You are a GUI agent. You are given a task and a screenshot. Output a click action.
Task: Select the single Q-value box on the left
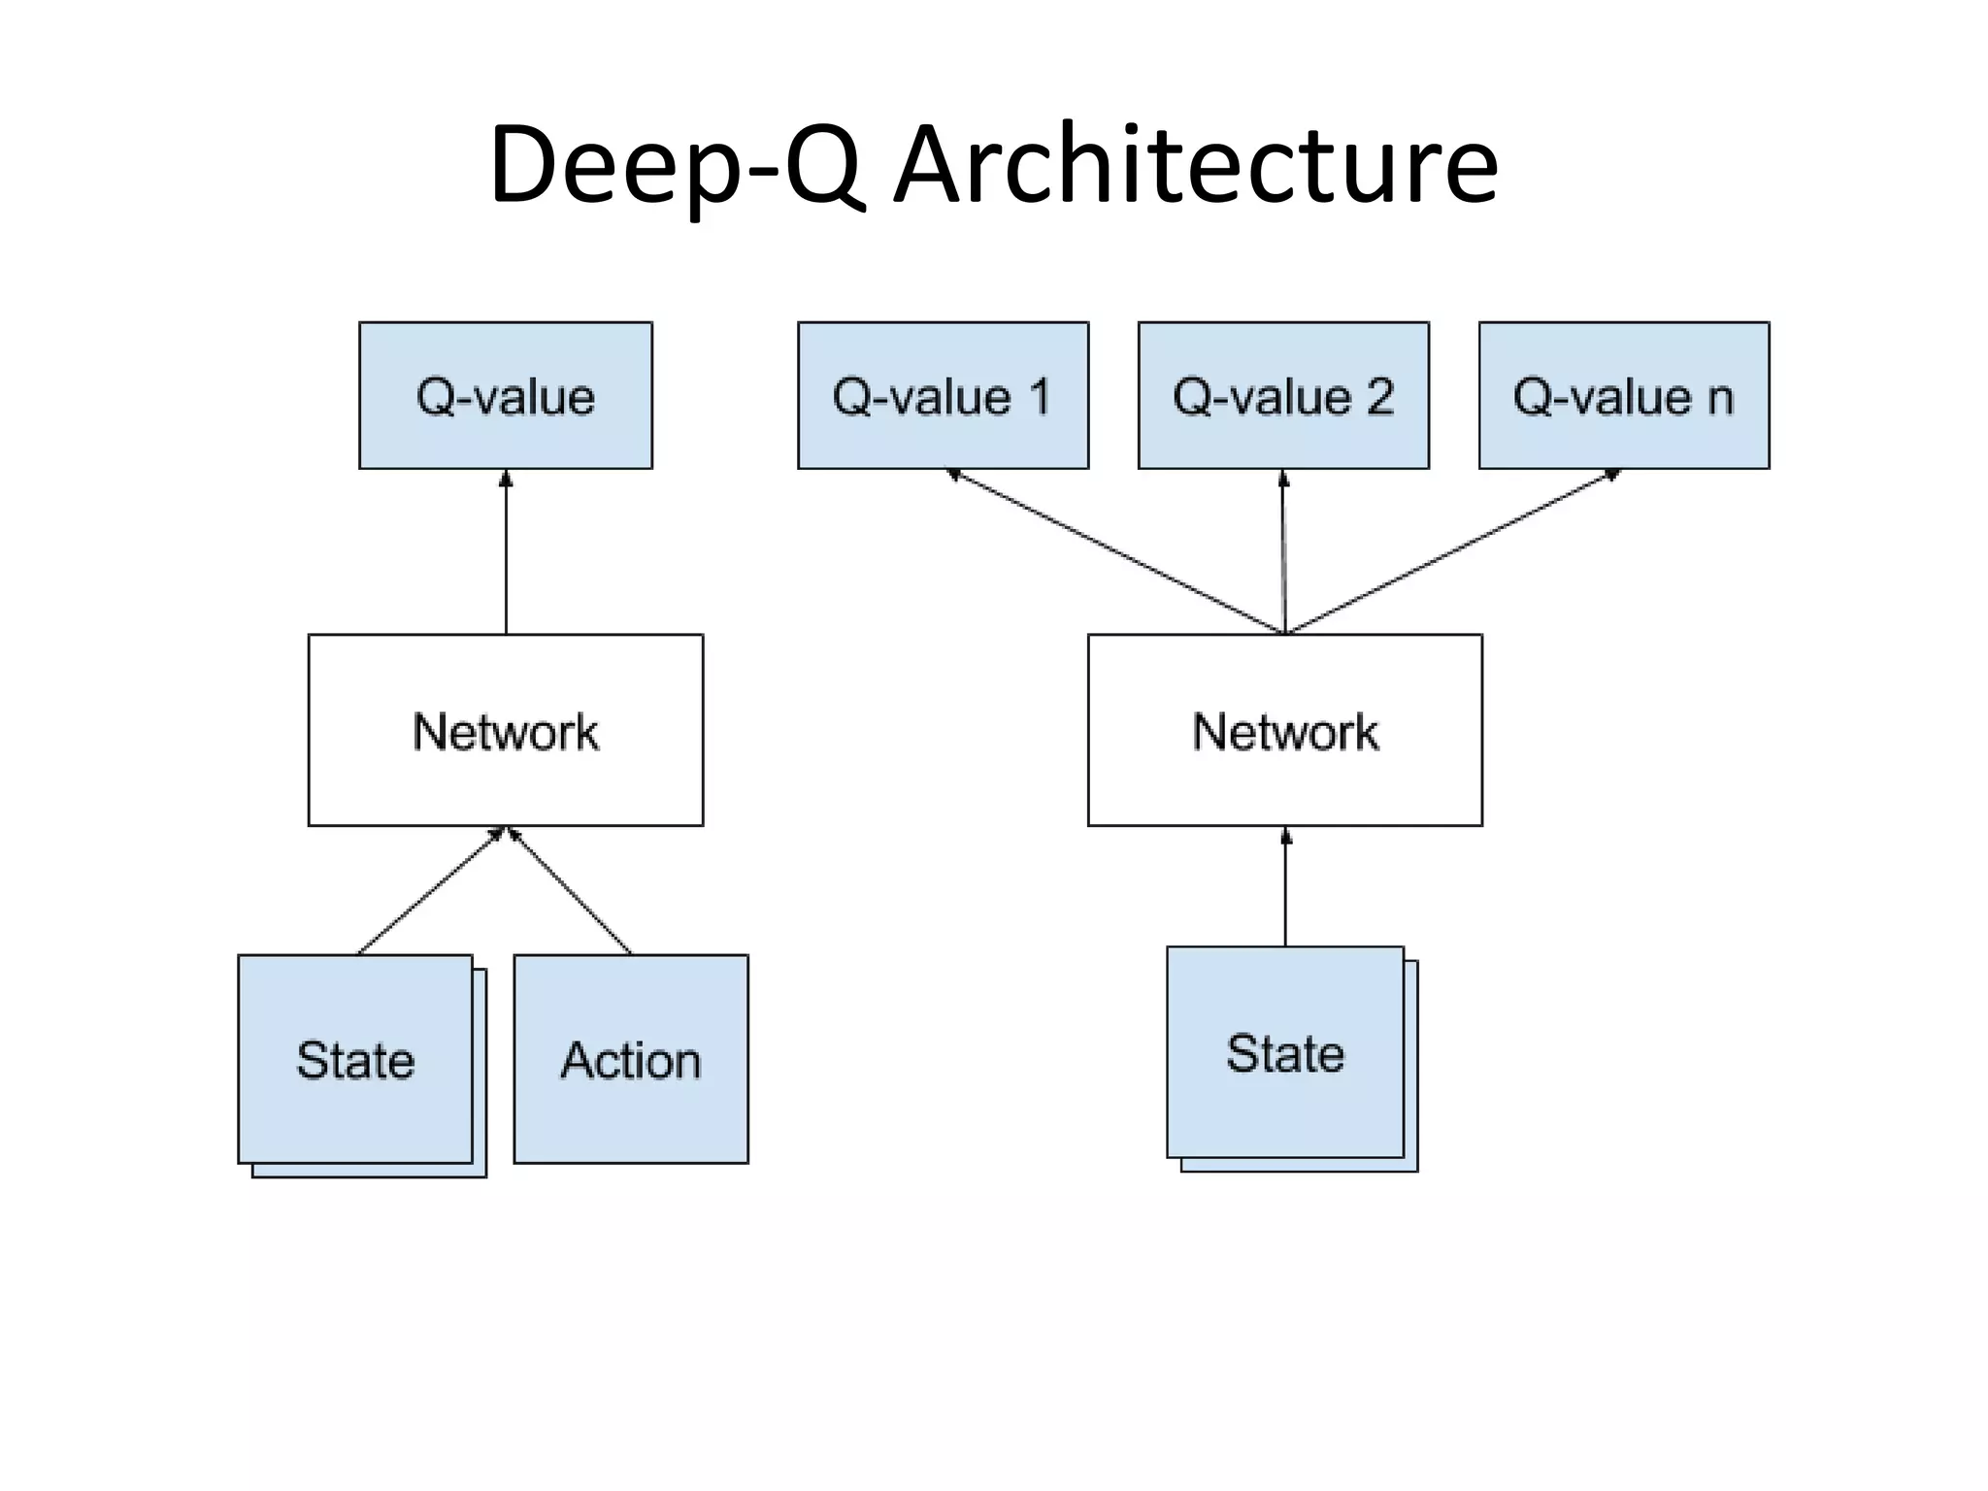click(506, 396)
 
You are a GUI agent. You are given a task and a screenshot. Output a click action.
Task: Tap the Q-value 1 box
click(943, 396)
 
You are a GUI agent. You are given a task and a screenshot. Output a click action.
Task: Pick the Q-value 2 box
click(1283, 396)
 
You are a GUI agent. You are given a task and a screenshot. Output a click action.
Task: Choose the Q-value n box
click(1624, 396)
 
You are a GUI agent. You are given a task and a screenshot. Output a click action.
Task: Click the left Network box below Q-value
click(506, 730)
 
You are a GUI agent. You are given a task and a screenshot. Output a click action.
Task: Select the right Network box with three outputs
click(1285, 730)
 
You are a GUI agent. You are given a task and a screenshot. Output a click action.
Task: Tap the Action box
click(631, 1059)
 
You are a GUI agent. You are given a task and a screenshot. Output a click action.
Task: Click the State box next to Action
click(355, 1059)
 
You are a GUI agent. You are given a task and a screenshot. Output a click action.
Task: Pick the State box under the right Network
click(1285, 1052)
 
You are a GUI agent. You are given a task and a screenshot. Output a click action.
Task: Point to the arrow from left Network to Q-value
click(506, 553)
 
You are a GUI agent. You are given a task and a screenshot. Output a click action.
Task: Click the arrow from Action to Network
click(571, 891)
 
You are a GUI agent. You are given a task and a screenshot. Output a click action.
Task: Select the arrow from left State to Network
click(431, 891)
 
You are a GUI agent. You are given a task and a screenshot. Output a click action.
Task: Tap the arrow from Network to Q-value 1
click(1116, 551)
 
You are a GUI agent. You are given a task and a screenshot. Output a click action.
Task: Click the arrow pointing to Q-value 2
click(1284, 551)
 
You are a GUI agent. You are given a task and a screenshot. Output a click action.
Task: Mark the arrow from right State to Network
click(1286, 887)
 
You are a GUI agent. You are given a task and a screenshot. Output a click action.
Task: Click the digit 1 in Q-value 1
click(1039, 396)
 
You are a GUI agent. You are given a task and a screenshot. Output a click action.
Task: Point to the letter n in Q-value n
click(1720, 398)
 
